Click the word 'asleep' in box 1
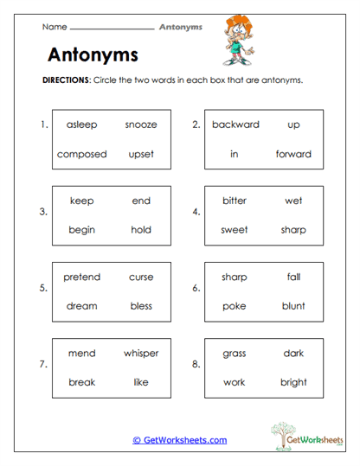point(81,124)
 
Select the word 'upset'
point(141,154)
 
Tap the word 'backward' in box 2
point(235,124)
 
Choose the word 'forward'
point(293,154)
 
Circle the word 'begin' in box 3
point(81,230)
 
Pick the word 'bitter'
point(235,201)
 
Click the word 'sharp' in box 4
point(293,230)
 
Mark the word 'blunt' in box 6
point(293,306)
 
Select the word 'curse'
point(141,277)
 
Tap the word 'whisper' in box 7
point(141,353)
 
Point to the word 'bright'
point(293,382)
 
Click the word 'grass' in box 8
point(235,353)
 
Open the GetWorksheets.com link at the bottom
point(180,440)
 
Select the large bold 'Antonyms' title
point(92,55)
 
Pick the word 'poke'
point(235,306)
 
